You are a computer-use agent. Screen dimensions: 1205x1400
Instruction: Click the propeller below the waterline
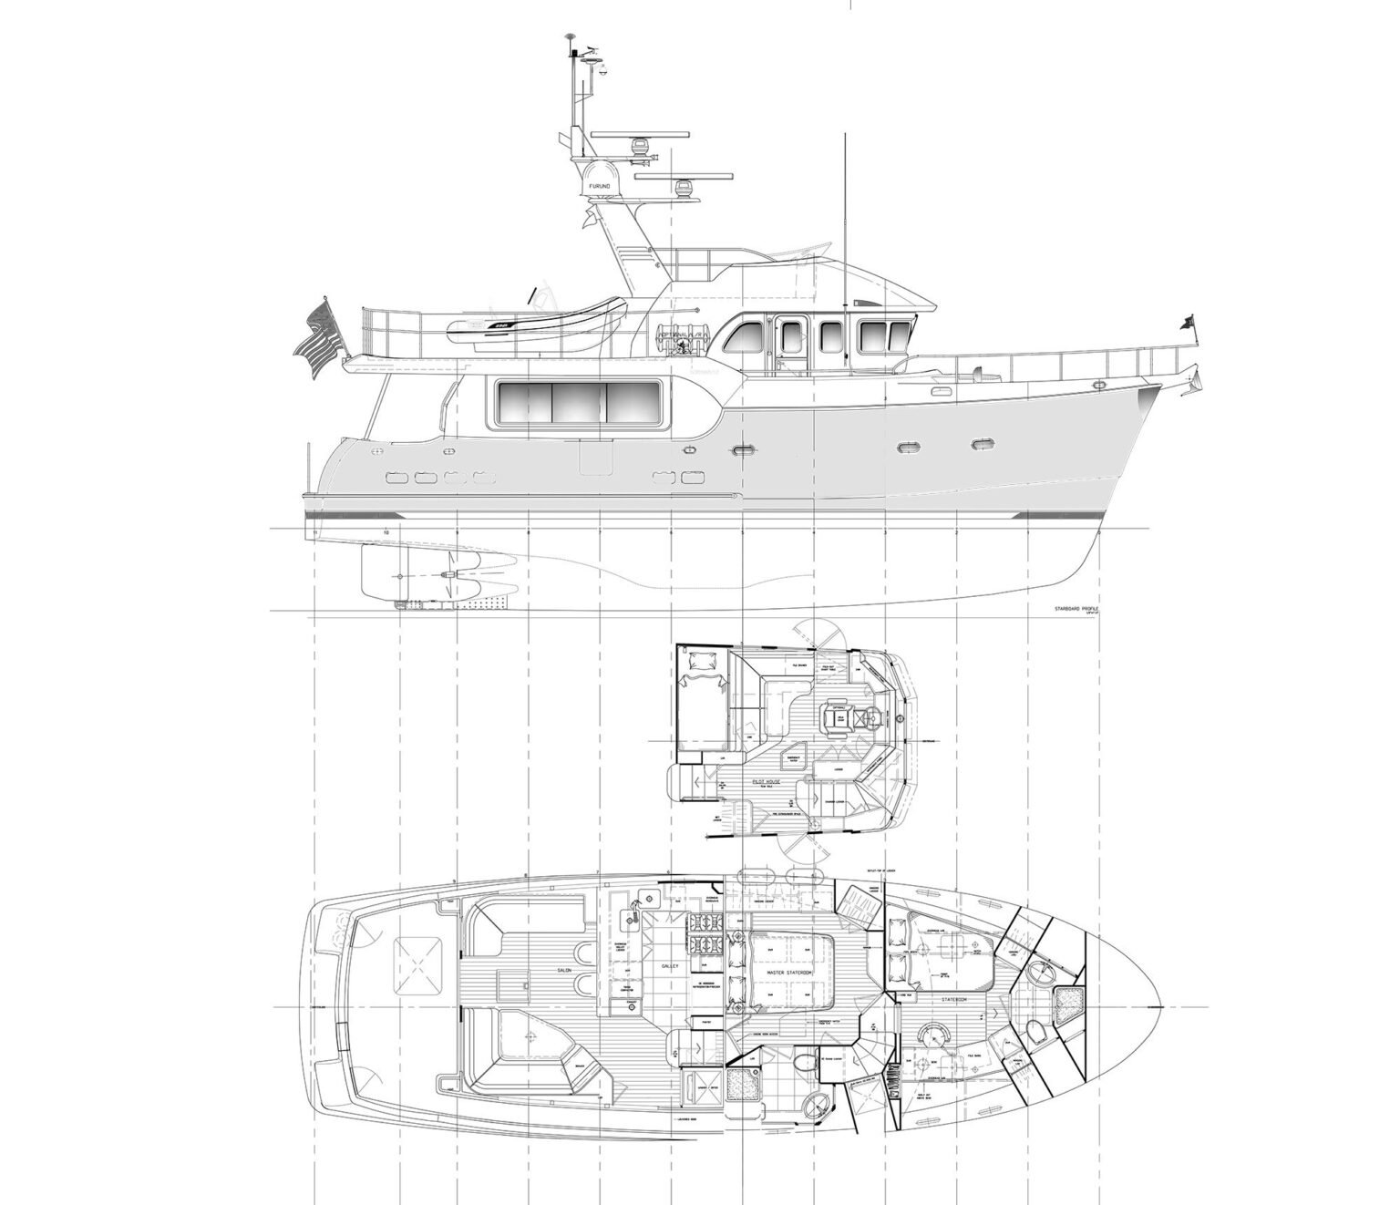[x=448, y=575]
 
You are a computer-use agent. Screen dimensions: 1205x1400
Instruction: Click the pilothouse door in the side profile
[x=786, y=345]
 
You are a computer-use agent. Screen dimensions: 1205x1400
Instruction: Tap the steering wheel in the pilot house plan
[x=899, y=718]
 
